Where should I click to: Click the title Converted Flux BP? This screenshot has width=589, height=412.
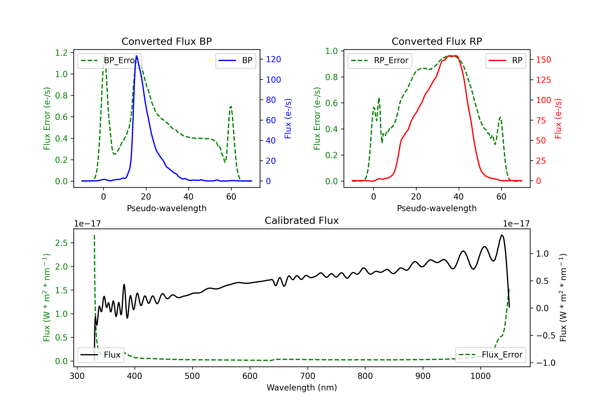[x=166, y=41]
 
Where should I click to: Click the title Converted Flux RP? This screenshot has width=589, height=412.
[x=437, y=41]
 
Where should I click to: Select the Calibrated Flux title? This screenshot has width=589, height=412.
[x=302, y=221]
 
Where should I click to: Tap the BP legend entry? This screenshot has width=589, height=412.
[x=235, y=60]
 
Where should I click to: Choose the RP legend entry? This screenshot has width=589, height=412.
[x=506, y=60]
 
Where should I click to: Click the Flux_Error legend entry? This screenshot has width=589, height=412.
[x=490, y=355]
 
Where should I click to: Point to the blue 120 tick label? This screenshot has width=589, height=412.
[x=273, y=59]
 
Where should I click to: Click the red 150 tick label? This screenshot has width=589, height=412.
[x=544, y=60]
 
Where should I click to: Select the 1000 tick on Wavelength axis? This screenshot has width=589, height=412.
[x=480, y=376]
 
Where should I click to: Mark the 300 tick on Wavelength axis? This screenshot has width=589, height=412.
[x=77, y=376]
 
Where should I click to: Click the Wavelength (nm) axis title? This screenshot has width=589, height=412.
[x=302, y=388]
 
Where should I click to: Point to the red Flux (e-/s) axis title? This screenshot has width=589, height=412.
[x=558, y=118]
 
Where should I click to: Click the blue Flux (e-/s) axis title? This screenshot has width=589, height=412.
[x=288, y=118]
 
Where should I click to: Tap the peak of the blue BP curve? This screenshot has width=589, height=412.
[x=136, y=56]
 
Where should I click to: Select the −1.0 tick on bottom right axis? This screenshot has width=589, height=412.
[x=546, y=363]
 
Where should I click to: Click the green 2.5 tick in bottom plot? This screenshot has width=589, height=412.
[x=61, y=243]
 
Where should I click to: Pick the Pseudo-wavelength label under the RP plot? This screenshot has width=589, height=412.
[x=437, y=208]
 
